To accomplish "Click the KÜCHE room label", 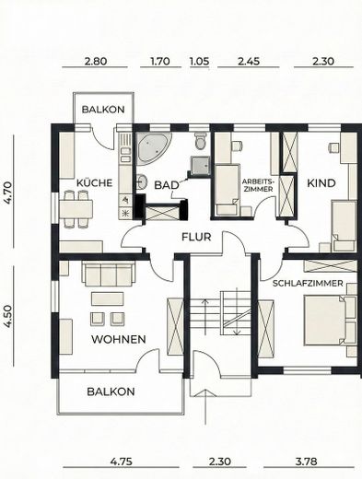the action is point(94,182).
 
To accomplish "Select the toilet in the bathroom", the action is point(201,141).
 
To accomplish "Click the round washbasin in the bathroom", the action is point(141,181).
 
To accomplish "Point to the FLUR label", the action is point(196,237).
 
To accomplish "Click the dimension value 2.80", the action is point(96,61).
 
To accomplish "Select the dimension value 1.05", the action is point(200,61).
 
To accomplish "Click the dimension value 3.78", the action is point(306,461).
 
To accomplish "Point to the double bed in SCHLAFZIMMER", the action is point(330,321).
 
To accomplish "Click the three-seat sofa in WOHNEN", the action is point(109,274).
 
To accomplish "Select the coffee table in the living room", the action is point(108,298).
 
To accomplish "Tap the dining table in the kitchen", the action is point(76,209).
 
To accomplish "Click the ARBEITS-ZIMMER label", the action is point(258,185).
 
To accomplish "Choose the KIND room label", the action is point(321,183).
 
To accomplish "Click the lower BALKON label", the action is point(111,391).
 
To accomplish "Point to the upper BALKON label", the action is point(103,110).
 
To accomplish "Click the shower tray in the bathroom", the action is point(200,166).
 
